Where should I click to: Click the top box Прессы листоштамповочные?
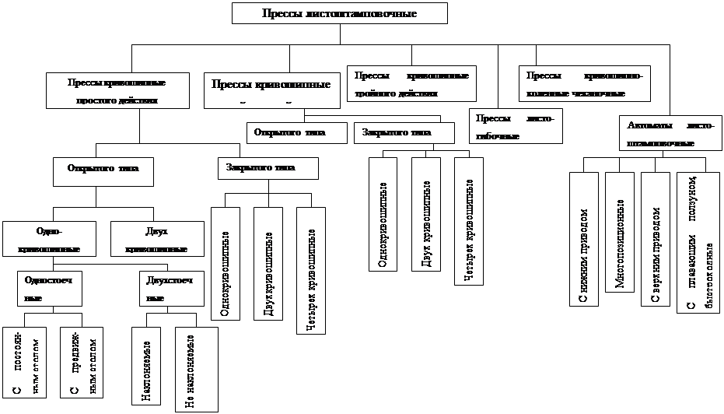[x=339, y=14]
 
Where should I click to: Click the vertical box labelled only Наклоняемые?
[x=146, y=366]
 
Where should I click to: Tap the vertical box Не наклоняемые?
[x=197, y=369]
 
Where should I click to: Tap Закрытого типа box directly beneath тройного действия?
[x=404, y=133]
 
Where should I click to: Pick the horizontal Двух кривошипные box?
[x=156, y=240]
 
